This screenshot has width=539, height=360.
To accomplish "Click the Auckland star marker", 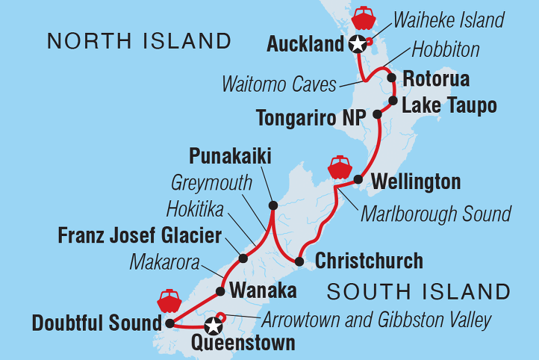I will point(358,44).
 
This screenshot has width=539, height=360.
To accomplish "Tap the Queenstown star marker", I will point(214,326).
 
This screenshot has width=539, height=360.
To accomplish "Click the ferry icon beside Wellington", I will point(340,167).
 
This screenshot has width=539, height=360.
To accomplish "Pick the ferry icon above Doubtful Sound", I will point(169,301).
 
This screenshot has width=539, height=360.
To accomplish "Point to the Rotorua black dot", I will point(391,78).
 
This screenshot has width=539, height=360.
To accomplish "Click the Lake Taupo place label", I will point(449,106).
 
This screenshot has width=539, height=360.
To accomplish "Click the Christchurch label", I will point(369,261).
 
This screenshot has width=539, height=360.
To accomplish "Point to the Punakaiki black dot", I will point(272,205).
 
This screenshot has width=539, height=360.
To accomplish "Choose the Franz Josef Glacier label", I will point(140,237).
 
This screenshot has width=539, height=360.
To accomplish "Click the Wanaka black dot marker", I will point(220,291).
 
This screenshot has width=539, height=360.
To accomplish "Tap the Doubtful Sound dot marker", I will point(169,324).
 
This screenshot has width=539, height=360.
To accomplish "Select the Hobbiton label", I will point(446,51).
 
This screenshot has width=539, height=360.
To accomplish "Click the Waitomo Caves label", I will point(279,84).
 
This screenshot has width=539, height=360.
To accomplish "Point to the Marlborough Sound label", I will point(437,214).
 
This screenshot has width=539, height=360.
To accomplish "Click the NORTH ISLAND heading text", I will point(138,41).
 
